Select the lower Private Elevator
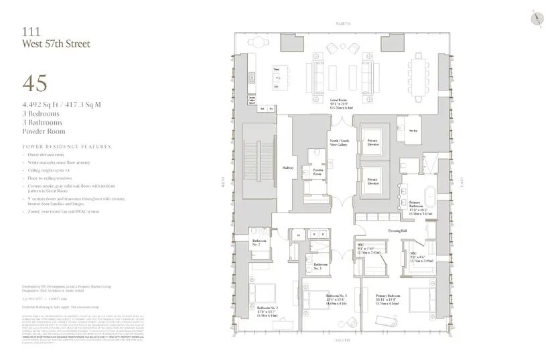(x=372, y=181)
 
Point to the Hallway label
(x=287, y=168)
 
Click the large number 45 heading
(x=35, y=83)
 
